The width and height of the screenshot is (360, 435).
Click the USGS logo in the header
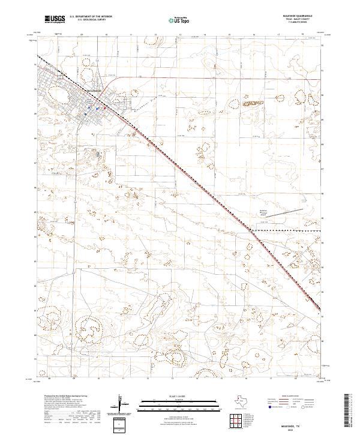point(55,19)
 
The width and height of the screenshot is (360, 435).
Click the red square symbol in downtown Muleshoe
point(106,109)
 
